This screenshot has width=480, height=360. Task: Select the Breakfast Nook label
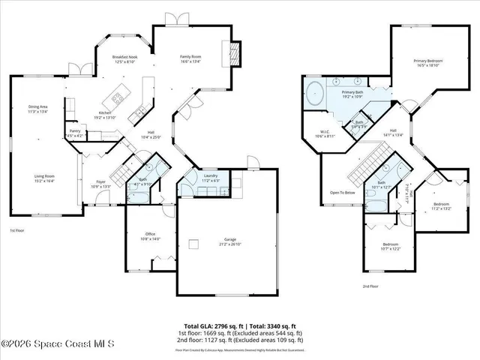(x=124, y=58)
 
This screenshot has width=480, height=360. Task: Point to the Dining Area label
(x=37, y=107)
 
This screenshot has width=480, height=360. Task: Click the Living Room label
(x=44, y=176)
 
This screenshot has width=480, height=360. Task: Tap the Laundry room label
(x=209, y=176)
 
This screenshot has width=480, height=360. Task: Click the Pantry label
(x=75, y=131)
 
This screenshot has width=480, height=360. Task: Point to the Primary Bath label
(x=352, y=91)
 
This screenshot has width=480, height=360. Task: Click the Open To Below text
(x=342, y=192)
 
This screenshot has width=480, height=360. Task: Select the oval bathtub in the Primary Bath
(x=314, y=95)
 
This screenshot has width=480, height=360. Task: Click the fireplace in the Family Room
(x=235, y=53)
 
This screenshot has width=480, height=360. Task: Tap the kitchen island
(x=118, y=97)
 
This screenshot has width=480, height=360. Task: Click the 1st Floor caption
(x=17, y=231)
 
